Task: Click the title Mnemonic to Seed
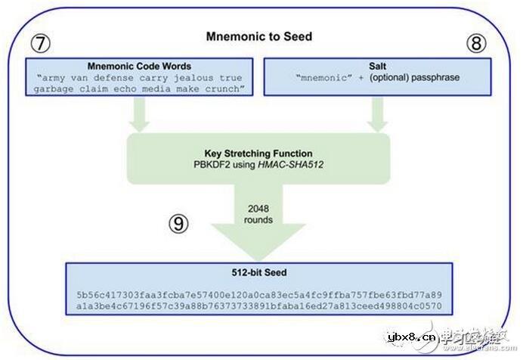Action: (258, 36)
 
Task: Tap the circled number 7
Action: (41, 43)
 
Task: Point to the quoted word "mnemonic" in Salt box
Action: (312, 79)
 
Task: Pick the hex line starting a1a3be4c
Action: (258, 307)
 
